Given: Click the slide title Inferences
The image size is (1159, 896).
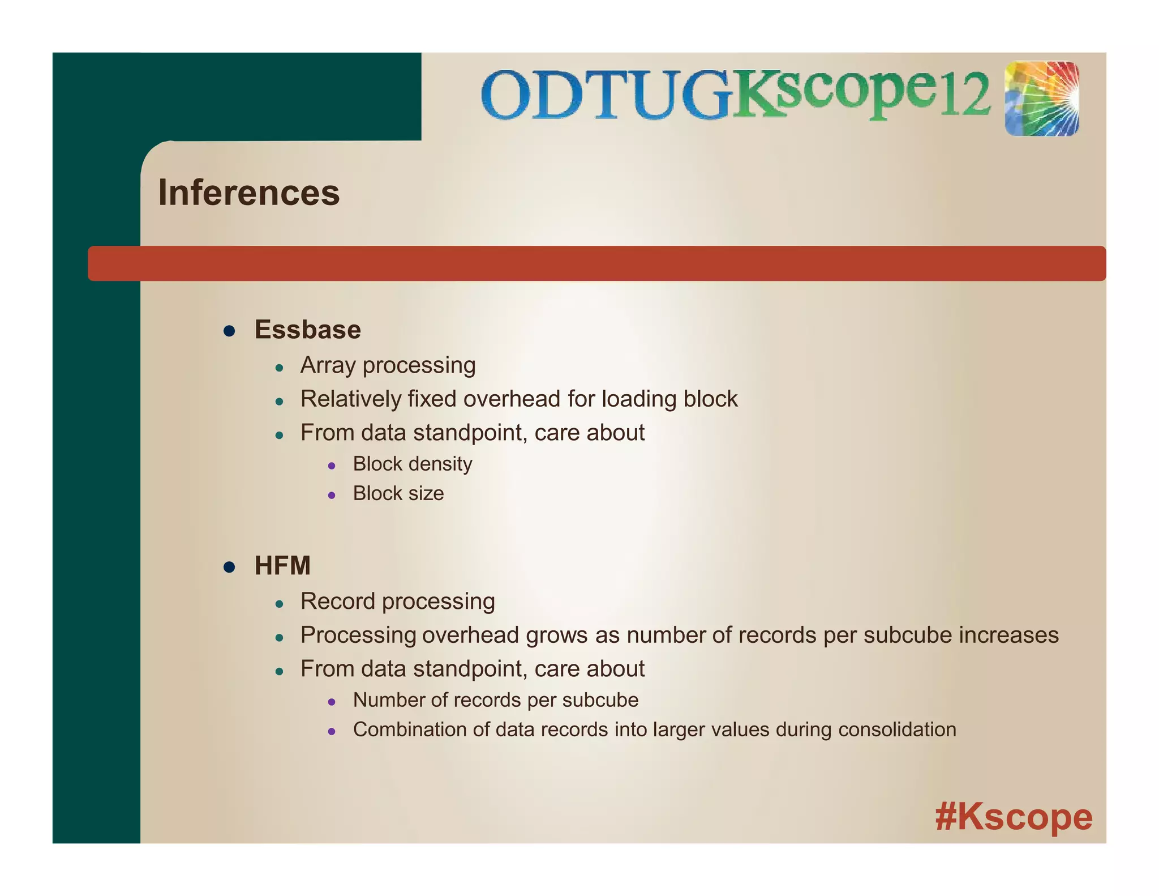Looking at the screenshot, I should [x=248, y=193].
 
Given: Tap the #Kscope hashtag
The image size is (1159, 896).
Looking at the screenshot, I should [x=1014, y=817].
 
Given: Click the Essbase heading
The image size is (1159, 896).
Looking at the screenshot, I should [x=307, y=330].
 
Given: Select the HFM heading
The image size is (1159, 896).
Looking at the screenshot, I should [x=282, y=566].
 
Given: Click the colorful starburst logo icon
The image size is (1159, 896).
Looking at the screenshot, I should [x=1042, y=99].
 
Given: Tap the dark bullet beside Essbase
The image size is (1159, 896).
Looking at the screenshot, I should [x=229, y=331].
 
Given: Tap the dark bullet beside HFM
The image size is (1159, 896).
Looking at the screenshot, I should [x=229, y=567].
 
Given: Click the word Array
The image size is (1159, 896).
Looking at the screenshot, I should [x=328, y=366].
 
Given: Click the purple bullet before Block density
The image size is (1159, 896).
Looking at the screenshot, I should [x=332, y=466].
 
